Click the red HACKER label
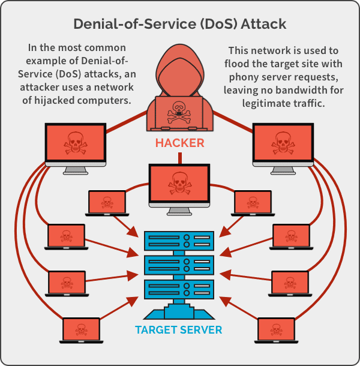pyautogui.click(x=179, y=143)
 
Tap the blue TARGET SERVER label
pyautogui.click(x=179, y=329)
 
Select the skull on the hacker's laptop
pyautogui.click(x=179, y=110)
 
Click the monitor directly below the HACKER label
pyautogui.click(x=179, y=182)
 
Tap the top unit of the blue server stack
pyautogui.click(x=179, y=241)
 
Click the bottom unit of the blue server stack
pyautogui.click(x=179, y=290)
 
